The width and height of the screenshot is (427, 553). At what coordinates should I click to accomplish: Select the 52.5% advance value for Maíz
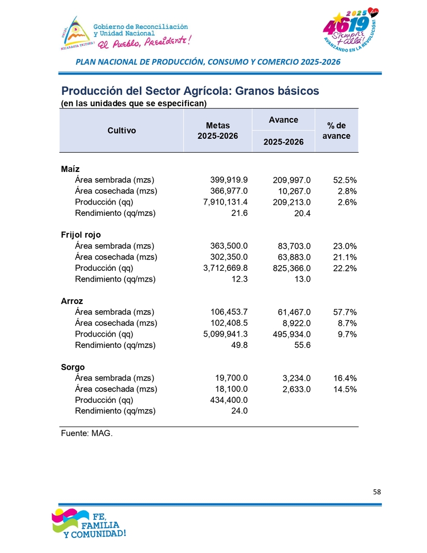coord(344,180)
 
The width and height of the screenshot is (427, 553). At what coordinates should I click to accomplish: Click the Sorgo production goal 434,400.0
coord(227,400)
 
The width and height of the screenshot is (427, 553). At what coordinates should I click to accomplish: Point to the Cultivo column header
coord(122,130)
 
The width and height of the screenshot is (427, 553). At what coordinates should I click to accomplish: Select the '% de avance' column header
coord(336,130)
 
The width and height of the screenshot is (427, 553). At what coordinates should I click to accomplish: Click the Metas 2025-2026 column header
coord(217,130)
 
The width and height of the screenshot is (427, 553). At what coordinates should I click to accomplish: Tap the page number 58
coord(376,492)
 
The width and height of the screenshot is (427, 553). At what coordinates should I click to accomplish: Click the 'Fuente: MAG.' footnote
coord(86,433)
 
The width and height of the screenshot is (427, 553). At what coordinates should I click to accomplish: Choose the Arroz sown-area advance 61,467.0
coord(292,312)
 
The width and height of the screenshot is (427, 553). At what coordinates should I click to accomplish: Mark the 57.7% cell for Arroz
coord(344,312)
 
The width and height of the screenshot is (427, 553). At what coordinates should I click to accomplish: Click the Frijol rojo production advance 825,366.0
coord(289,268)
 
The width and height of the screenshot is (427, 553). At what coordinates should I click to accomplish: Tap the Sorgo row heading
coord(72,367)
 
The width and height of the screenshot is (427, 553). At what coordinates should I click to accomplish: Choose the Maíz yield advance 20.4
coord(302,213)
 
